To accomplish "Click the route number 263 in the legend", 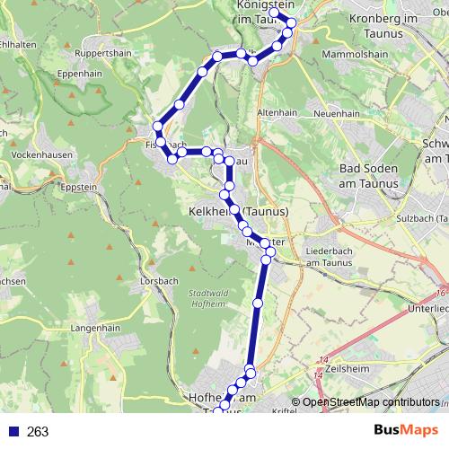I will click(38, 432).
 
